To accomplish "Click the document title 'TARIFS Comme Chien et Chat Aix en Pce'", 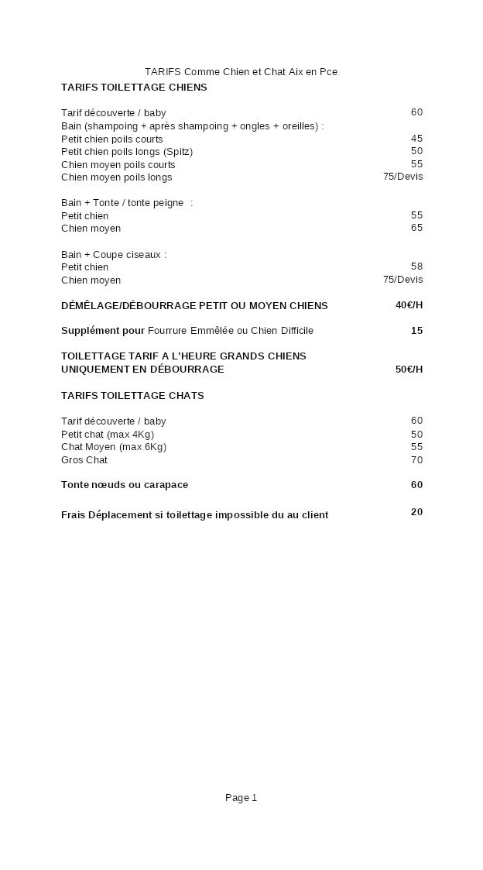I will pos(241,72).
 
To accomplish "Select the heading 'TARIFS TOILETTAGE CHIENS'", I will pos(134,88).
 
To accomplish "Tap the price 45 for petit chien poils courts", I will pos(416,139).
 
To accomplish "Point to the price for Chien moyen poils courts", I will pos(416,164).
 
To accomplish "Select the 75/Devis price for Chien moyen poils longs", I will pos(402,177).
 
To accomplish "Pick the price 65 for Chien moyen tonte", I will pos(416,228).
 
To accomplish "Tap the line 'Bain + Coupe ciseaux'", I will pos(114,254).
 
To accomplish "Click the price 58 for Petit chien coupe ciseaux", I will pos(416,267).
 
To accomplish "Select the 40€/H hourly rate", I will pos(409,305).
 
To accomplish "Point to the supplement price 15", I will pos(416,331).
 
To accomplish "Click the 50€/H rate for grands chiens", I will pos(409,370).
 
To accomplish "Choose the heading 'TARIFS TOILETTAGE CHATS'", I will pos(132,396).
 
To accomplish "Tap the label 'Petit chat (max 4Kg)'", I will pos(108,435).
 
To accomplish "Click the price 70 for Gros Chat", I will pos(416,460).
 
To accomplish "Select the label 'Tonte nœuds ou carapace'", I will pos(125,485).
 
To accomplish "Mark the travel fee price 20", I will pos(416,512).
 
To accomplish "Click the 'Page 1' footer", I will pos(241,798).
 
